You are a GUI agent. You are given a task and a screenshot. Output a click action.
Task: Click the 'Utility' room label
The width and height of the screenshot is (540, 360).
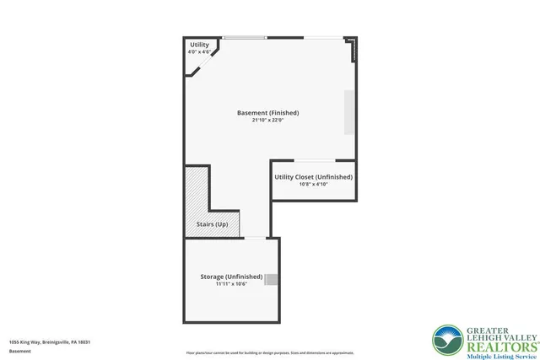[199, 45]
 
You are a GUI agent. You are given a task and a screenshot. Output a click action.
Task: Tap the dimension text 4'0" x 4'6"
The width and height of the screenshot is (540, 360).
[199, 52]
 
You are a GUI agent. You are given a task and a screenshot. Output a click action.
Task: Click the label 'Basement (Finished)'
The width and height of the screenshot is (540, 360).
[267, 113]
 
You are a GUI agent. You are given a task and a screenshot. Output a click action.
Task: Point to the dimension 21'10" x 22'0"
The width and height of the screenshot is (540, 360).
[267, 121]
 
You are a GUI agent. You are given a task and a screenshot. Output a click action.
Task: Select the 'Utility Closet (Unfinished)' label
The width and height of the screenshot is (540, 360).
[313, 177]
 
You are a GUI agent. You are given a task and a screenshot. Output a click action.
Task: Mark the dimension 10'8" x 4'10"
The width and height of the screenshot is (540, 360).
[313, 185]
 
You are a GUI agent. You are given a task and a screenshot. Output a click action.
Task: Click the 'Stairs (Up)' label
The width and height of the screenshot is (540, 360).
[212, 224]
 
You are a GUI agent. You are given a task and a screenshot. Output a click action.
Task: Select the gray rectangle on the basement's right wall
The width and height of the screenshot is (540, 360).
[348, 111]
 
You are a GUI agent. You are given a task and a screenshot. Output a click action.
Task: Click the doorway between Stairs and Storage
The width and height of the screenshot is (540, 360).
[254, 238]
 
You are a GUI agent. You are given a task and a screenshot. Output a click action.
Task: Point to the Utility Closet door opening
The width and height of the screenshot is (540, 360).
[314, 160]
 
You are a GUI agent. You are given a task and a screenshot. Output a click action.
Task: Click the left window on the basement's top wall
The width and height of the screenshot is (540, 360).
[245, 37]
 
